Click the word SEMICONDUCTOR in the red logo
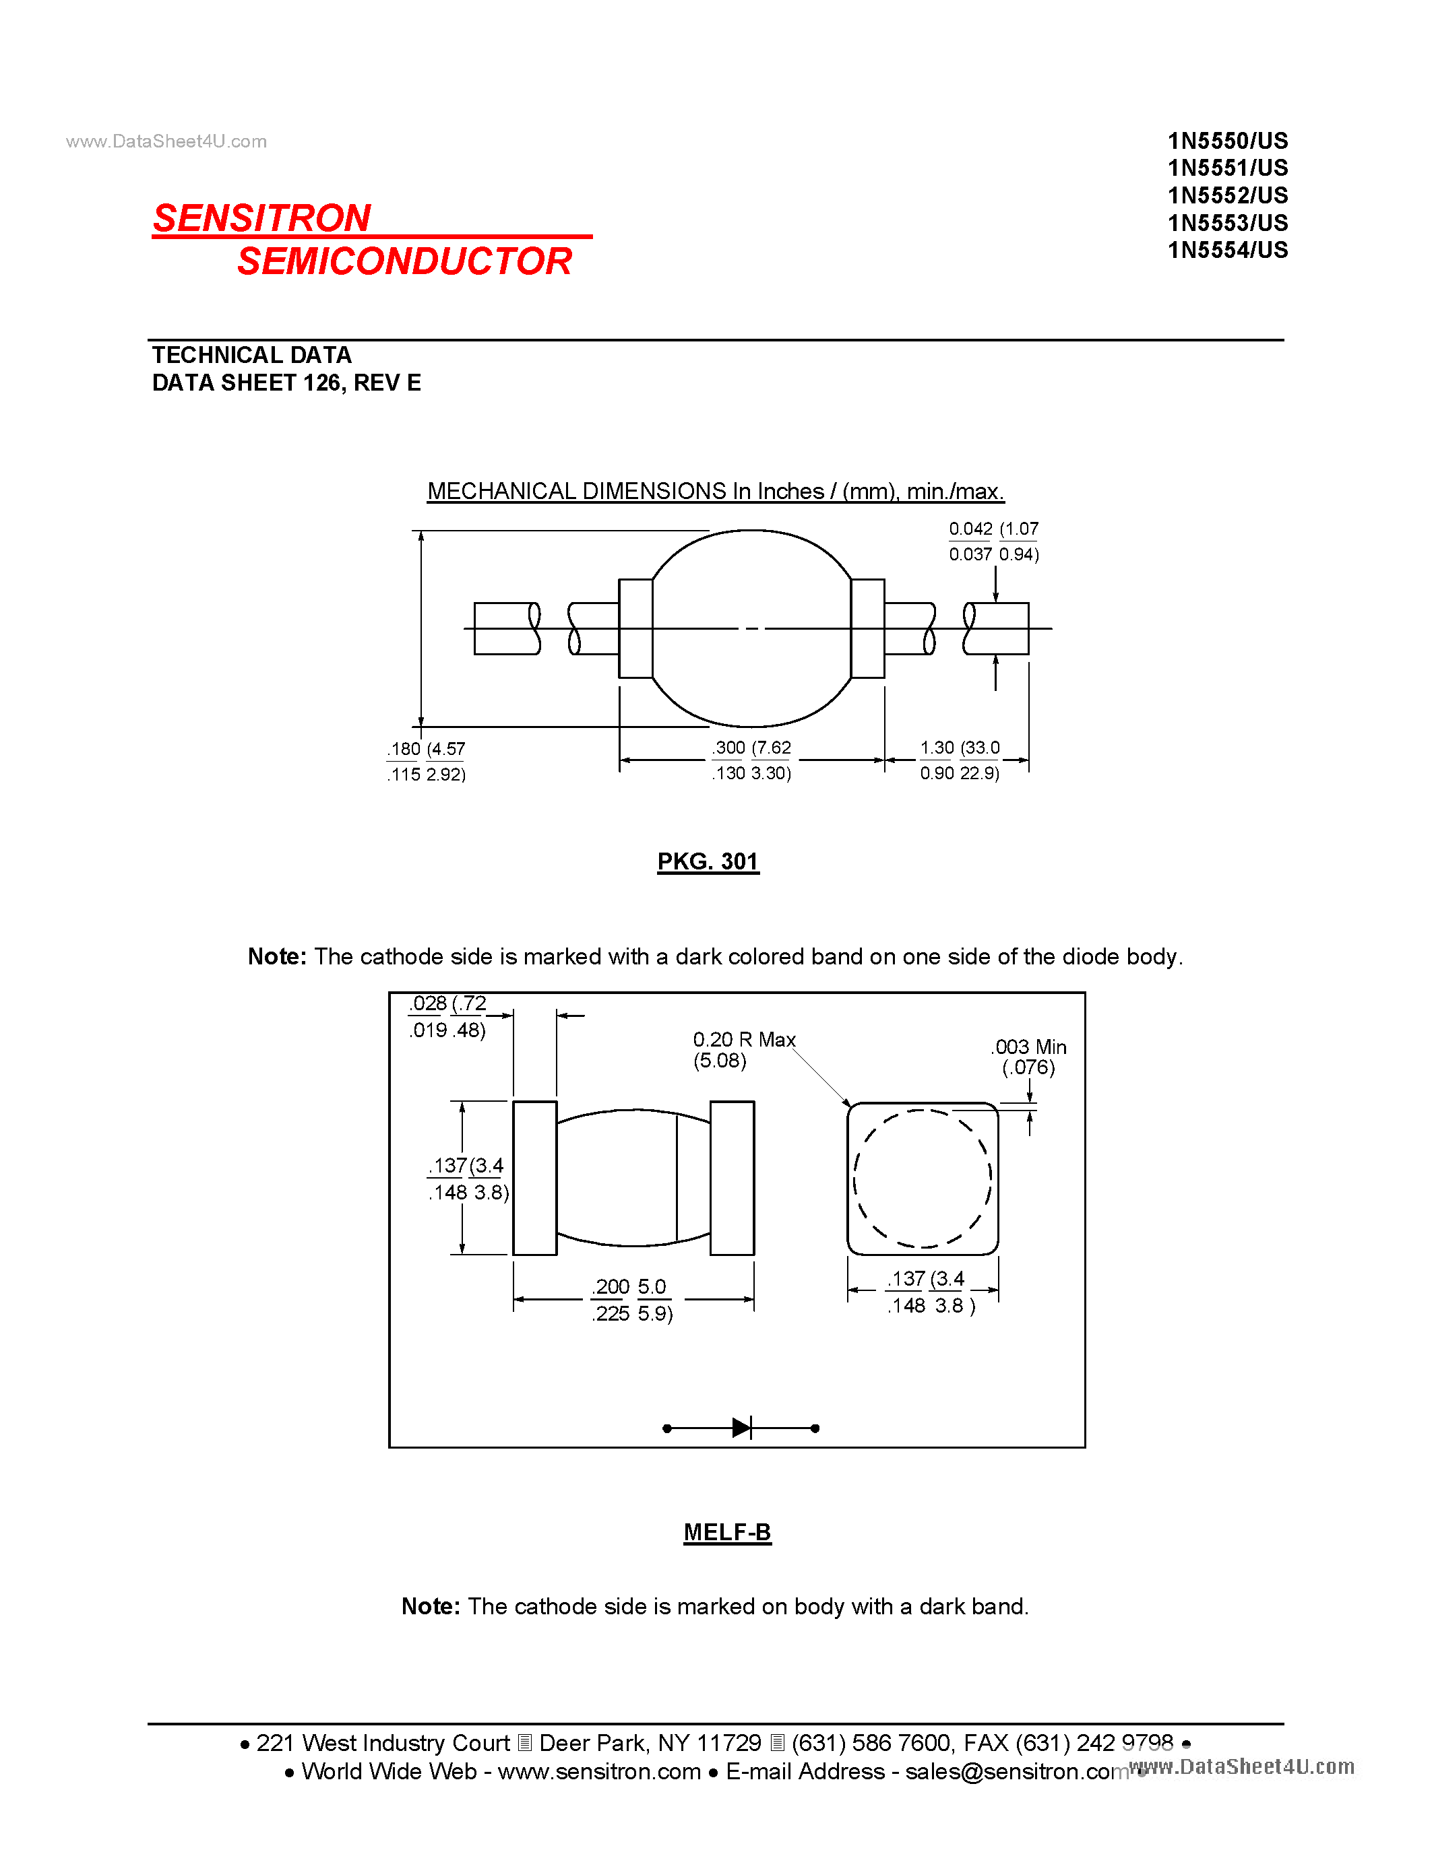(x=404, y=261)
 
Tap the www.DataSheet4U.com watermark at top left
(x=166, y=141)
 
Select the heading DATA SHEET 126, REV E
(x=286, y=383)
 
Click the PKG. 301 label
(x=708, y=861)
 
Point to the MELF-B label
(x=727, y=1531)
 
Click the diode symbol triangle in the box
(x=741, y=1428)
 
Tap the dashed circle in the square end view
(x=922, y=1179)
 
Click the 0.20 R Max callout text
(x=743, y=1040)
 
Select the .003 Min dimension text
(x=1028, y=1047)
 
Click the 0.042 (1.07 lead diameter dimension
(x=993, y=529)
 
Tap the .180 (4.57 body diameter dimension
(x=427, y=749)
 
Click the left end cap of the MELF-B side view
(x=534, y=1178)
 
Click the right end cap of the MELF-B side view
(x=731, y=1178)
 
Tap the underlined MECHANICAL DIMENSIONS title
(x=715, y=491)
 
